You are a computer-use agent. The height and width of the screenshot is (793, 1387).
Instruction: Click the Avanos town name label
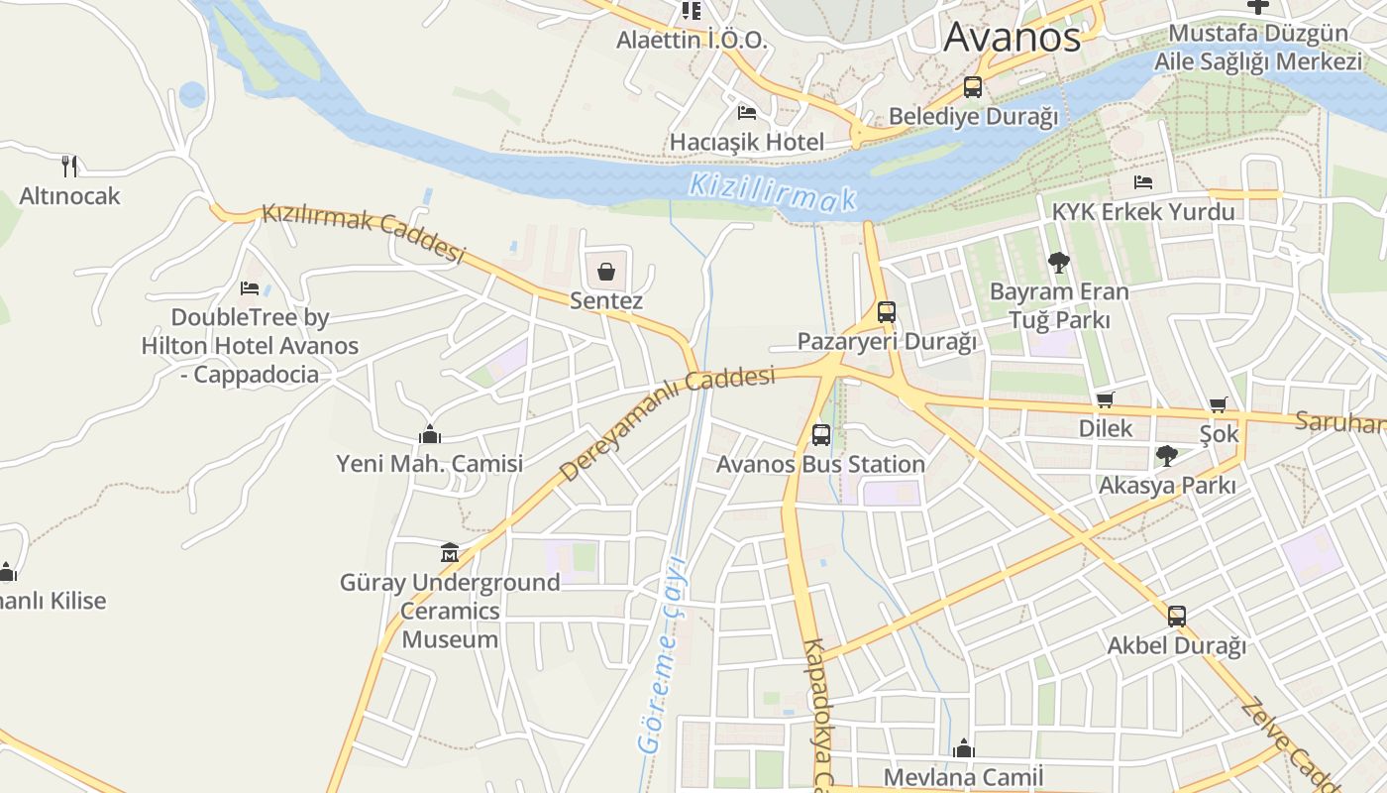pyautogui.click(x=1012, y=38)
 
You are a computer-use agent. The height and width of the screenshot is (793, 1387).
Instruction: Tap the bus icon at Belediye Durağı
pyautogui.click(x=973, y=87)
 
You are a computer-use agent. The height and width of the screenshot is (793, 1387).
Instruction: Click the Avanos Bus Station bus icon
pyautogui.click(x=821, y=434)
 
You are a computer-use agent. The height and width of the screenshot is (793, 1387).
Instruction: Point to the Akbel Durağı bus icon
pyautogui.click(x=1176, y=616)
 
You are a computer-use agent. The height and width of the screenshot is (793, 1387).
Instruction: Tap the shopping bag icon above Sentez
pyautogui.click(x=606, y=271)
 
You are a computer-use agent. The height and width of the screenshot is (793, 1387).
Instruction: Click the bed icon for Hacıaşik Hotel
pyautogui.click(x=747, y=112)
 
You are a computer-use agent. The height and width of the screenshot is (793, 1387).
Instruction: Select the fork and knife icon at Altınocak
pyautogui.click(x=69, y=166)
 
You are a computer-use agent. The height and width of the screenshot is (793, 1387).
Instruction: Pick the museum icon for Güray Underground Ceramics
pyautogui.click(x=450, y=552)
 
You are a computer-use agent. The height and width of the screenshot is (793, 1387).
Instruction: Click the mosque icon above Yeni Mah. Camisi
pyautogui.click(x=429, y=434)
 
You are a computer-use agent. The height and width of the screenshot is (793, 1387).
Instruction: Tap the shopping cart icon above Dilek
pyautogui.click(x=1106, y=399)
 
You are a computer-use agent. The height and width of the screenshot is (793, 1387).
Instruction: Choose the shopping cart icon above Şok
pyautogui.click(x=1219, y=404)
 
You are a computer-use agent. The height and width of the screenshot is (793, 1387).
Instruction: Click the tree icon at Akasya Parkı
pyautogui.click(x=1167, y=456)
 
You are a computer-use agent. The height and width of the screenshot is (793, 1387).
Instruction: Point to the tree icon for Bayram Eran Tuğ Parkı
pyautogui.click(x=1059, y=263)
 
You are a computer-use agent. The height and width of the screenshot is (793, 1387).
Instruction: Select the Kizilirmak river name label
pyautogui.click(x=772, y=191)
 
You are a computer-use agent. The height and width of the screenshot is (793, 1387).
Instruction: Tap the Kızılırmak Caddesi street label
pyautogui.click(x=363, y=234)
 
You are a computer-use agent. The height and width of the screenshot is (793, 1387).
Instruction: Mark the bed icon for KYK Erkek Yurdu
pyautogui.click(x=1143, y=182)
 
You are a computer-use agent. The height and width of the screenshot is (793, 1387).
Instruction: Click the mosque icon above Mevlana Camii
pyautogui.click(x=964, y=749)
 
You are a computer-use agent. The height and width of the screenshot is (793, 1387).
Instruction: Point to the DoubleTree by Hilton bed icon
pyautogui.click(x=250, y=288)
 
